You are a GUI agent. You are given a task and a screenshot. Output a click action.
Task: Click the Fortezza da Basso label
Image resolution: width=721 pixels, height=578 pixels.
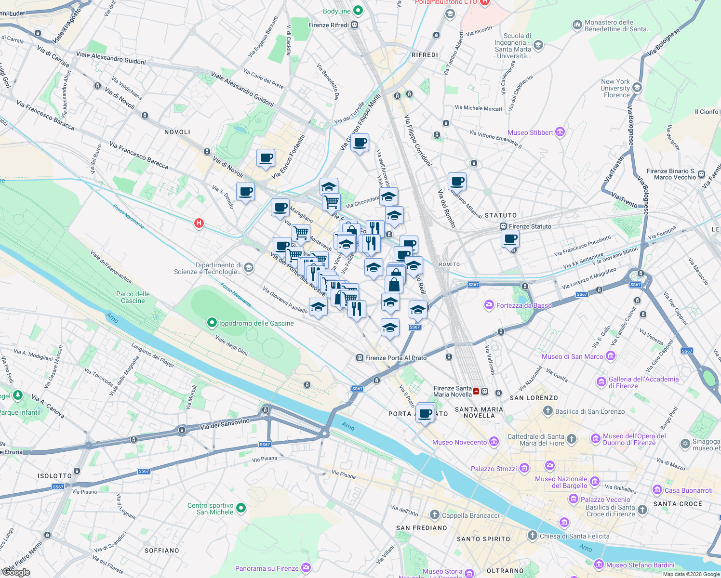click(x=524, y=305)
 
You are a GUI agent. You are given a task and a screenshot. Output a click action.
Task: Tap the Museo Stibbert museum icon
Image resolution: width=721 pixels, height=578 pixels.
click(x=560, y=132)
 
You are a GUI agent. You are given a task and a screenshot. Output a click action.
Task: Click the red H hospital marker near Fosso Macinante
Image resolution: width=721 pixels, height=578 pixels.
click(x=199, y=223)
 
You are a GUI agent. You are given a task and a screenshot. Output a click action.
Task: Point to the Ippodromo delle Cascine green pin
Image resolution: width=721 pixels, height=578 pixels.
click(x=212, y=323)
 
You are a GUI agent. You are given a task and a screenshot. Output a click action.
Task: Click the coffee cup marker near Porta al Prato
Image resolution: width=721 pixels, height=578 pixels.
click(x=426, y=413)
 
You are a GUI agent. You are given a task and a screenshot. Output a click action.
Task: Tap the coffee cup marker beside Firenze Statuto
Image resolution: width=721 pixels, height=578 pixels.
click(x=510, y=238)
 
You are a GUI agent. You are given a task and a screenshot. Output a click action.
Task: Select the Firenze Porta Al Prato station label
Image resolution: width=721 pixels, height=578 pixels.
click(x=396, y=358)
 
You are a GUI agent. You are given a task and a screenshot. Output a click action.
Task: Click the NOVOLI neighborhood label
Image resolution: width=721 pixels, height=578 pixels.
click(x=177, y=132)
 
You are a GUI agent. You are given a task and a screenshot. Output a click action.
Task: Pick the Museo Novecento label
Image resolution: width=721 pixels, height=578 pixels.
click(x=459, y=442)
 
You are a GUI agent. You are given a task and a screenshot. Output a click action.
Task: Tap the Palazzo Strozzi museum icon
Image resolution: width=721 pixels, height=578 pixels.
click(x=524, y=469)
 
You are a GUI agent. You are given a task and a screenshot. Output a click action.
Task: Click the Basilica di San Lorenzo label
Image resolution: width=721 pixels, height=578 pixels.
click(x=589, y=411)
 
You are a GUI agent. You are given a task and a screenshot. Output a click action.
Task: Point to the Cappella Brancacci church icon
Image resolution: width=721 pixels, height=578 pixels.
click(x=435, y=515)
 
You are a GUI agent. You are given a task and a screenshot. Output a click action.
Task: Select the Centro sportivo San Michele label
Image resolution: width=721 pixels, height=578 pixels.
click(x=211, y=509)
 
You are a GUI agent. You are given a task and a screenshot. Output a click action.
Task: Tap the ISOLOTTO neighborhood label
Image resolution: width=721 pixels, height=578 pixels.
click(x=55, y=476)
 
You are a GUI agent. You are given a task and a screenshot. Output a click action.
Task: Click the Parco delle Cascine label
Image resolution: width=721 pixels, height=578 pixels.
click(x=133, y=297)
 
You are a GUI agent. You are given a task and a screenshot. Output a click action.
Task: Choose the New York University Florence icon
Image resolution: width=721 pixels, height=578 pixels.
click(x=637, y=88)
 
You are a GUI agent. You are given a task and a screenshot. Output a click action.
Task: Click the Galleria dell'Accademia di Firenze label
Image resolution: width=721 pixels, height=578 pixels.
click(x=643, y=382)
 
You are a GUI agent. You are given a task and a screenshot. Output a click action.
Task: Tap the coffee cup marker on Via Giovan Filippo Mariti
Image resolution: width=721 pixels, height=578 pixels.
click(x=360, y=143)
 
